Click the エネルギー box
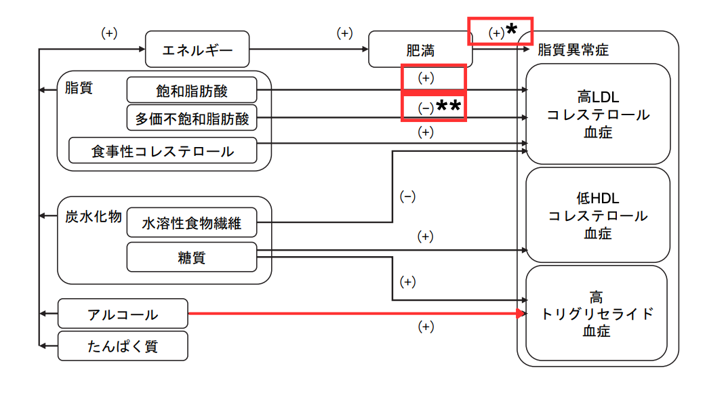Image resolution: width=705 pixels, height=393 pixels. point(198,49)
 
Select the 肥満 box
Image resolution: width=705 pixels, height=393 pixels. point(420,50)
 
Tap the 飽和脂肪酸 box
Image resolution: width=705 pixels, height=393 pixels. point(192,90)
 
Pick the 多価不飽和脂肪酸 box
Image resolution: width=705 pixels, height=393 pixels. point(192,118)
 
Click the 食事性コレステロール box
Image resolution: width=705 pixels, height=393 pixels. point(163,150)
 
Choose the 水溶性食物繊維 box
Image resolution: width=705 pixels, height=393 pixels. point(192,222)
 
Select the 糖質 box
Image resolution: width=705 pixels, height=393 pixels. point(192,257)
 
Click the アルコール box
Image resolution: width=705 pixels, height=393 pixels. point(123,314)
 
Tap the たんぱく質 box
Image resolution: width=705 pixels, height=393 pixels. point(123,346)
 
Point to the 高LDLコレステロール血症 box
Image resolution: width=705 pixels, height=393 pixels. point(599,114)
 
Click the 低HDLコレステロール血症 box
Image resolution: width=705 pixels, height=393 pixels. point(599,215)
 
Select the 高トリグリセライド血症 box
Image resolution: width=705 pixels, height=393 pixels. point(599,314)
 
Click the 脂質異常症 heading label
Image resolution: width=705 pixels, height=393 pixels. point(573,49)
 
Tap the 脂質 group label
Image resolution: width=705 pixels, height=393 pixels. point(79,87)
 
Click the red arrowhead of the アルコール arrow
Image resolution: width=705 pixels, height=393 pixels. point(521,314)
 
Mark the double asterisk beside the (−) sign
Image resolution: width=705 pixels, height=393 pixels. point(449,106)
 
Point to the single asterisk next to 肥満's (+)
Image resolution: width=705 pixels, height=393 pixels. point(512,29)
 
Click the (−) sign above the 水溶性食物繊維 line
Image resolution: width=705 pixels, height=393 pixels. point(407,197)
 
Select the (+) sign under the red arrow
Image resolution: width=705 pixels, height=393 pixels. point(426,327)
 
